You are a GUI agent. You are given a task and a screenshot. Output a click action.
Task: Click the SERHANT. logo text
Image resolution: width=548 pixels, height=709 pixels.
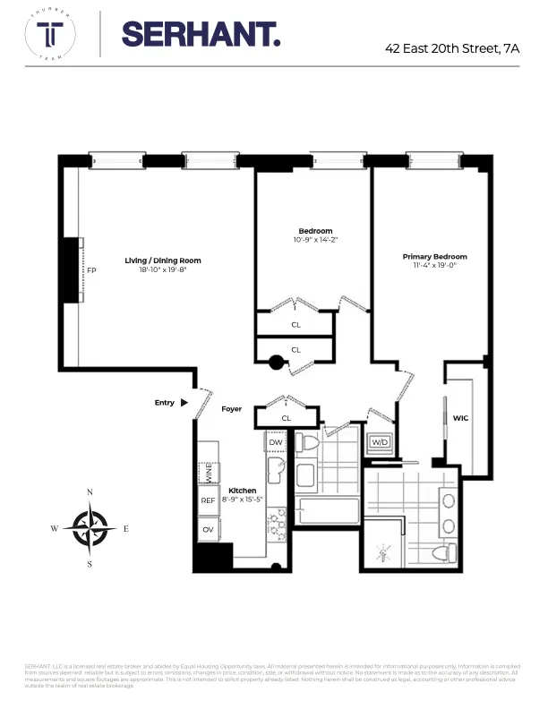pyautogui.click(x=201, y=35)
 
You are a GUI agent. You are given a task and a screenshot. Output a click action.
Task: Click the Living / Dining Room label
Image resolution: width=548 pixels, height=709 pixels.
pyautogui.click(x=169, y=261)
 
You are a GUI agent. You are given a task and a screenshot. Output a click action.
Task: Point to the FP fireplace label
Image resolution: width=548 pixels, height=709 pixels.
pyautogui.click(x=90, y=269)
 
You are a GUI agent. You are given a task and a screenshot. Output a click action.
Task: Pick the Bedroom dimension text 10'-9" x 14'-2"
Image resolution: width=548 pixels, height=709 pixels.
pyautogui.click(x=315, y=240)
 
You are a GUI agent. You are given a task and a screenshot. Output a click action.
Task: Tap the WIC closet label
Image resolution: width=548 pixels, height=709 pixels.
pyautogui.click(x=461, y=417)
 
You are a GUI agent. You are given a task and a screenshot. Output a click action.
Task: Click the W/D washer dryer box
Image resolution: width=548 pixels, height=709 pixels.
pyautogui.click(x=379, y=442)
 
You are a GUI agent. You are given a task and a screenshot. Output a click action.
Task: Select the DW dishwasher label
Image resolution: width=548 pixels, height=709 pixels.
pyautogui.click(x=275, y=442)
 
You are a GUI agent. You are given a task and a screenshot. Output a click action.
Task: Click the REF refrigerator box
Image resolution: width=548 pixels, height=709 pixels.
pyautogui.click(x=208, y=501)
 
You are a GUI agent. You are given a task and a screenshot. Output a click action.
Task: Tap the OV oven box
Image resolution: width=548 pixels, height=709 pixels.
pyautogui.click(x=207, y=529)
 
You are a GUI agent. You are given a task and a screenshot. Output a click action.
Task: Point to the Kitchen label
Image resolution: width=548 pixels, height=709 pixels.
pyautogui.click(x=243, y=491)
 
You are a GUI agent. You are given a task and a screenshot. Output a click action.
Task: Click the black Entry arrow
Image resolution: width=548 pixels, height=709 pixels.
pyautogui.click(x=184, y=403)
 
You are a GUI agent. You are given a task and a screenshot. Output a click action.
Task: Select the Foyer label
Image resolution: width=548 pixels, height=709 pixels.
pyautogui.click(x=232, y=409)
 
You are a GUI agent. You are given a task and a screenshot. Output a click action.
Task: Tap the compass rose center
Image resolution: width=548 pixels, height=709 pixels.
pyautogui.click(x=90, y=527)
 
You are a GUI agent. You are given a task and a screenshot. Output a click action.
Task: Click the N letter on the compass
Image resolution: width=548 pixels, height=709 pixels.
pyautogui.click(x=90, y=492)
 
